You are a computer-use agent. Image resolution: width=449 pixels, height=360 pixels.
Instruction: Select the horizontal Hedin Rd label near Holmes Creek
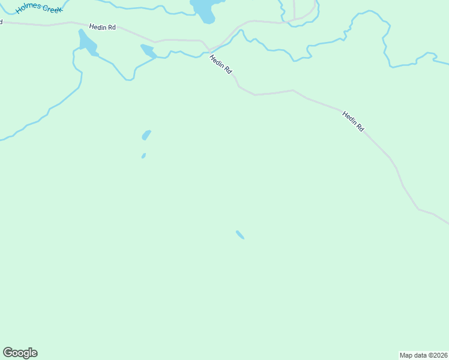pos(102,27)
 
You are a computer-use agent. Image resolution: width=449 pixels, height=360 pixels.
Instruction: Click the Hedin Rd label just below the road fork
pos(220,64)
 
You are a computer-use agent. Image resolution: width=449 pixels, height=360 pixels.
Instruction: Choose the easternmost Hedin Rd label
pos(353,122)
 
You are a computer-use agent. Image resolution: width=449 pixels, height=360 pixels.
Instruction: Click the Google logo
pos(20,353)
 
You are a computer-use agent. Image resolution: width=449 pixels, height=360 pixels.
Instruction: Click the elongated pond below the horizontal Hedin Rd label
pos(87,42)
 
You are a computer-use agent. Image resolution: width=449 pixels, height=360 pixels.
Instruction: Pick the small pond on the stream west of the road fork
pos(148,51)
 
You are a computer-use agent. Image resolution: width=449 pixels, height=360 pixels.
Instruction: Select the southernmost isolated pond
pos(240,235)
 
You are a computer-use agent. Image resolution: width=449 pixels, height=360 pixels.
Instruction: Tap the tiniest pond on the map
pos(143,156)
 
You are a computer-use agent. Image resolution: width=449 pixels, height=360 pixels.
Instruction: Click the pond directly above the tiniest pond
pos(146,135)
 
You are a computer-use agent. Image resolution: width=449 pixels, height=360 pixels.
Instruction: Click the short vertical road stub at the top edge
pos(294,9)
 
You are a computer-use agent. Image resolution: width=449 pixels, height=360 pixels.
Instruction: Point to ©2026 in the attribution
pos(436,355)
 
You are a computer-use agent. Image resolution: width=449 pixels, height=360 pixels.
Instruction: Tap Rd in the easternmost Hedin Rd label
pos(360,128)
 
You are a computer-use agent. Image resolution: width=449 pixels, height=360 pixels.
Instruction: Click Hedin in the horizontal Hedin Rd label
pos(97,27)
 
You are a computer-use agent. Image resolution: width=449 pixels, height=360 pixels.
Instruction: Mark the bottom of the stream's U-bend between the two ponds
pos(129,79)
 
